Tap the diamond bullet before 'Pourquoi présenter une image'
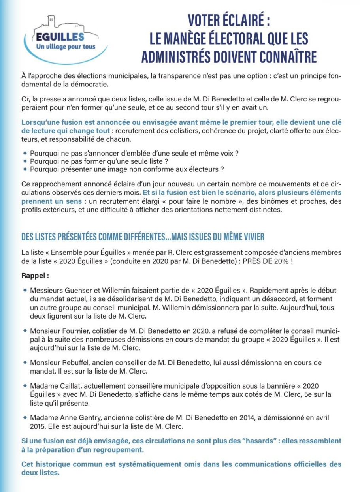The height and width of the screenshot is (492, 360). [25, 169]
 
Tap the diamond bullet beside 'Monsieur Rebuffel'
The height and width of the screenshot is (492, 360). [25, 362]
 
